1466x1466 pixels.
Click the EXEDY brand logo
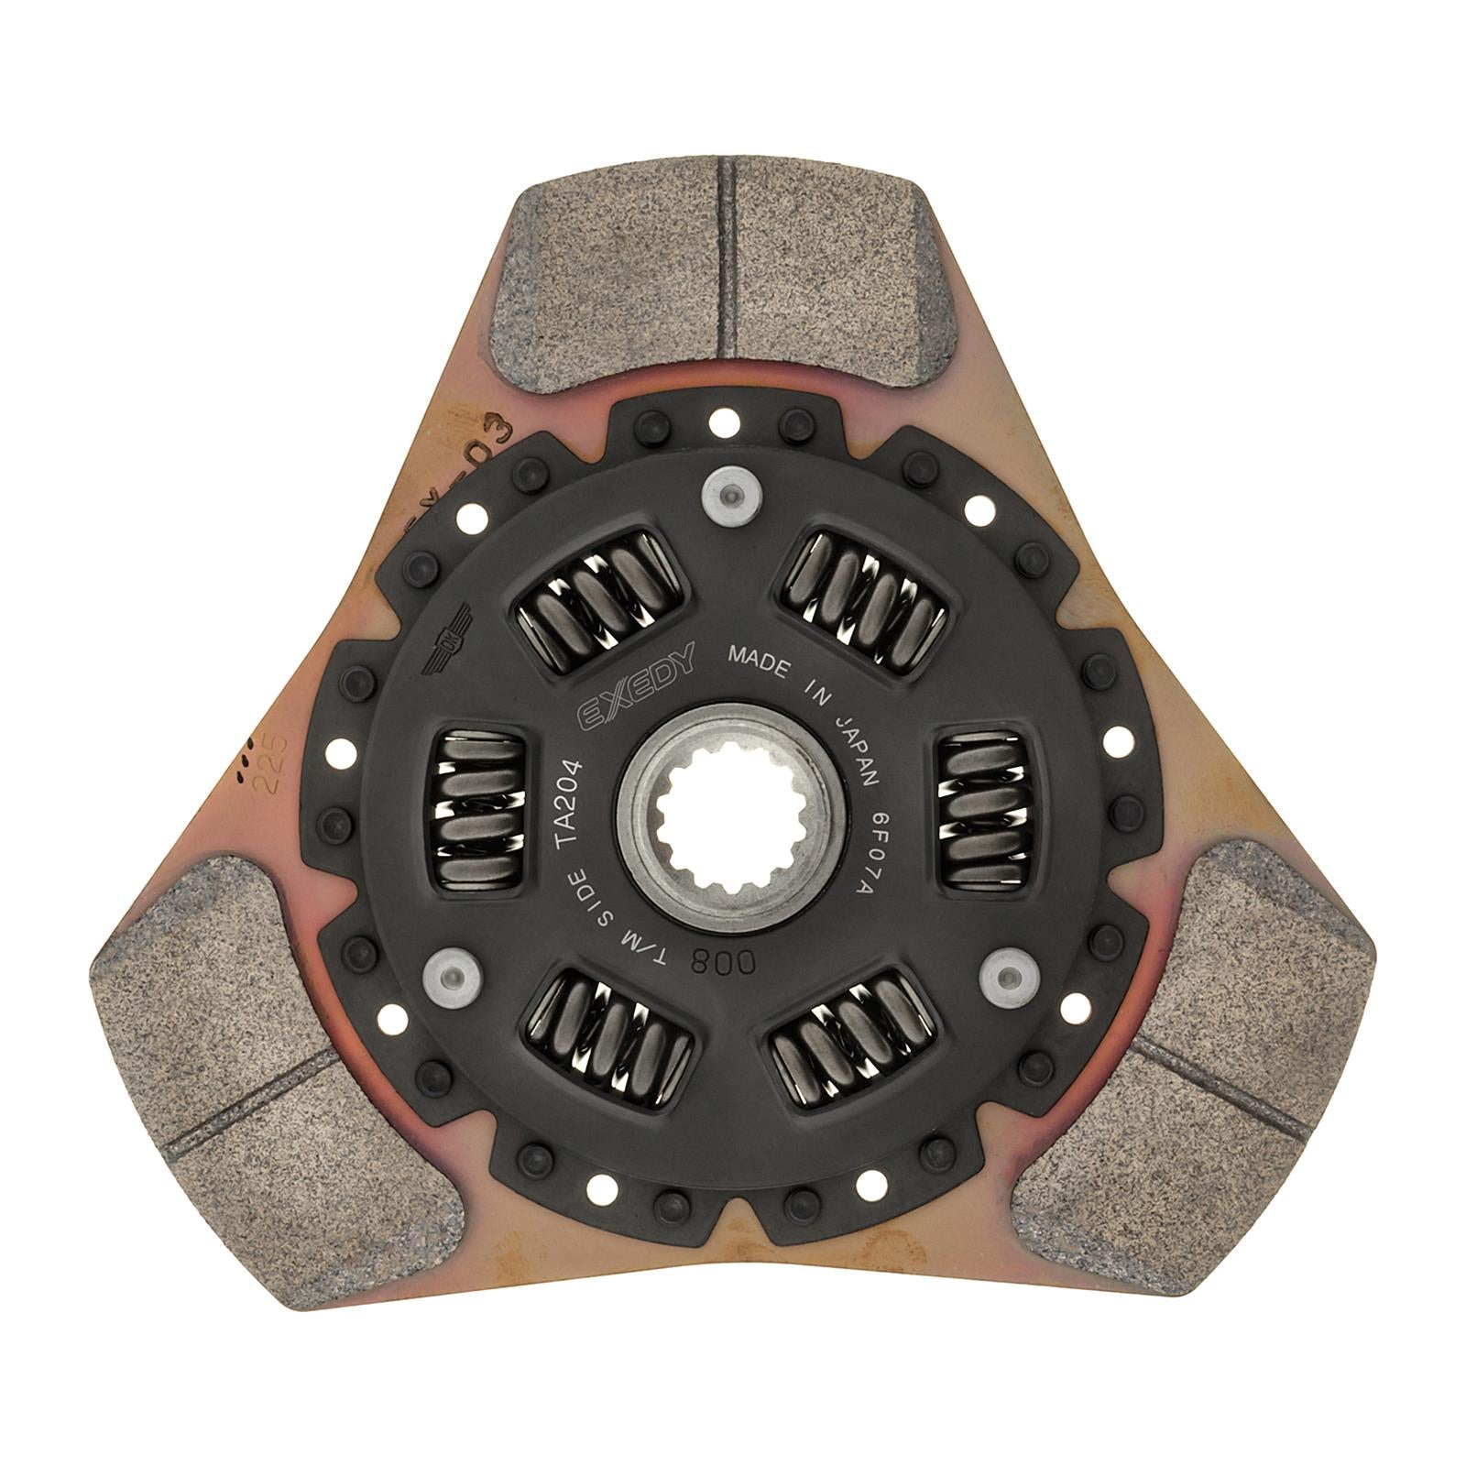coord(635,686)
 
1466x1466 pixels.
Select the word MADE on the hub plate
coord(758,662)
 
